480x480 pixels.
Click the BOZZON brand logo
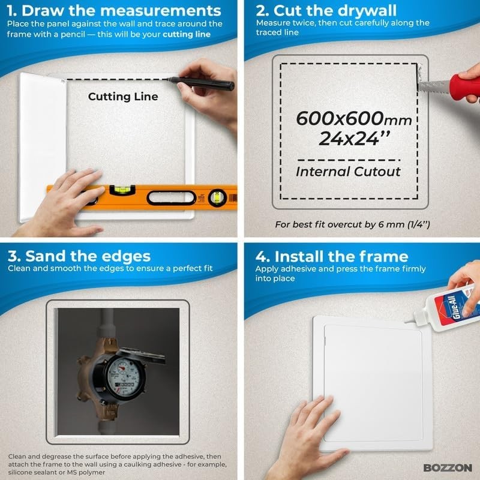pyautogui.click(x=448, y=467)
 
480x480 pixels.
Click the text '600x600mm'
pyautogui.click(x=353, y=119)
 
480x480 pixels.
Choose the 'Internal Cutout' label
pyautogui.click(x=348, y=172)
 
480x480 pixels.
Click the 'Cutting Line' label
pyautogui.click(x=123, y=97)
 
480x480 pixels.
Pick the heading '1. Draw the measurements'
pyautogui.click(x=114, y=11)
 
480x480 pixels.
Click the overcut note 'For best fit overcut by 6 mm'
pyautogui.click(x=353, y=225)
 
